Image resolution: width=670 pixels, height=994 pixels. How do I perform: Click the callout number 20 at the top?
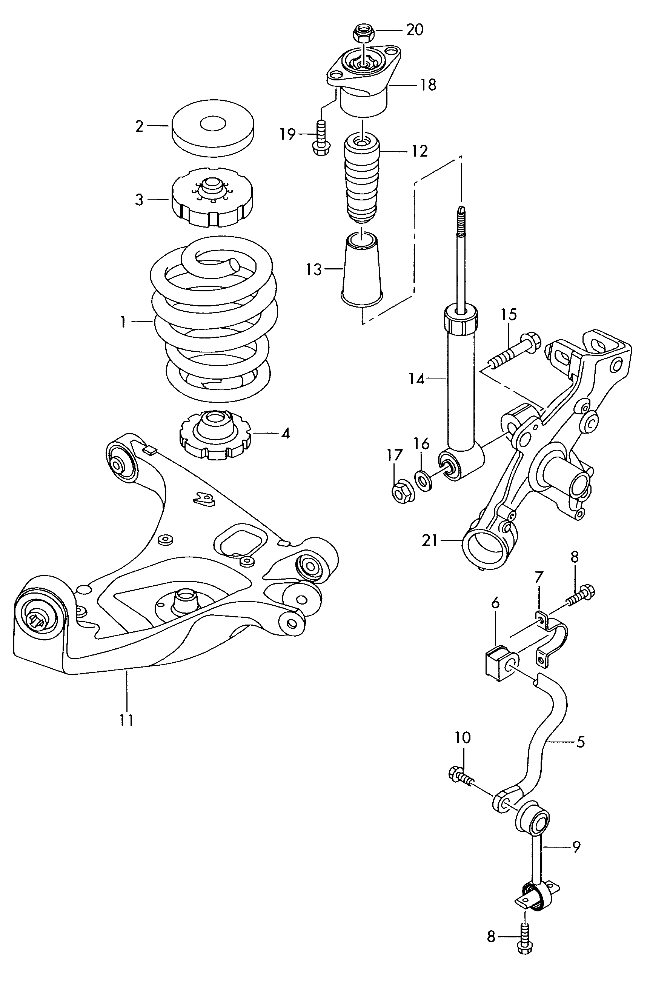(x=414, y=30)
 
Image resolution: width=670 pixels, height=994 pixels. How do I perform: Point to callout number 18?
(x=428, y=85)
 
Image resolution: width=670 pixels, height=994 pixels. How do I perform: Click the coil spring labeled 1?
(x=214, y=320)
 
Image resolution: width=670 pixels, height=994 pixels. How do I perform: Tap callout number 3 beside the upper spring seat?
(x=139, y=200)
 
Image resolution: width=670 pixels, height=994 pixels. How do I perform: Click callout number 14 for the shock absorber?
(x=416, y=379)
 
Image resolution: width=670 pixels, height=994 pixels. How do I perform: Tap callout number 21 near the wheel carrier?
(x=430, y=541)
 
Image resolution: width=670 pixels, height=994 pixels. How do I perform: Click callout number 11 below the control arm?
(x=127, y=720)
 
